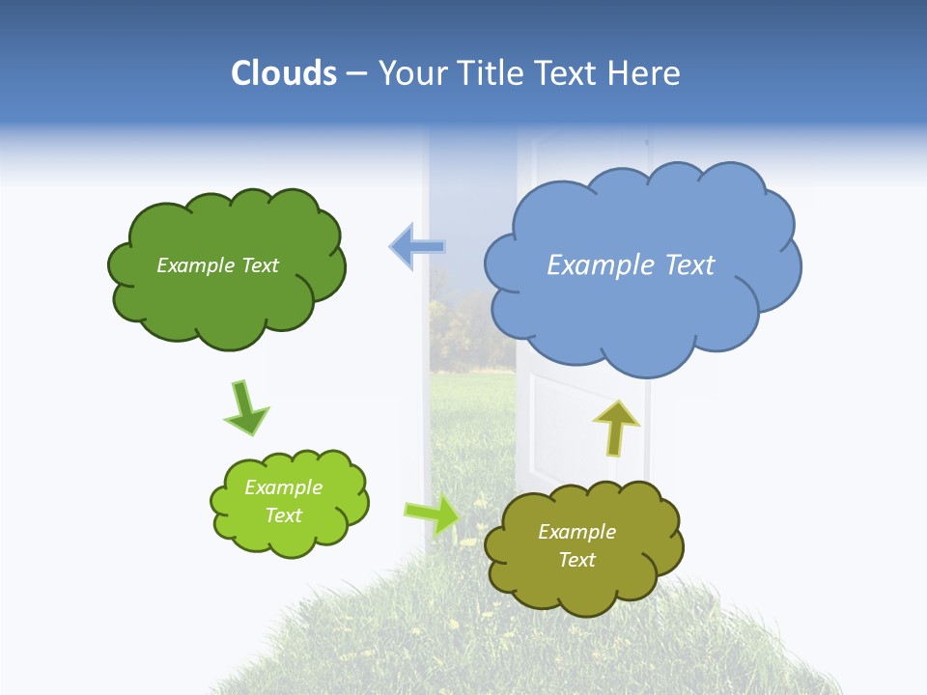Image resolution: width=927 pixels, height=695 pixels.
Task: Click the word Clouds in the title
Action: [x=283, y=73]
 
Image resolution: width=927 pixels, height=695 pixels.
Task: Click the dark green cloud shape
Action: [x=227, y=299]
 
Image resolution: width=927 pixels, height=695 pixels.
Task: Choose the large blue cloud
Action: [x=642, y=309]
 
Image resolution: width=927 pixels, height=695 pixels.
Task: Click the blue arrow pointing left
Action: [x=417, y=247]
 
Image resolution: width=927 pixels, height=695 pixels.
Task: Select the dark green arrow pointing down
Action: [x=245, y=408]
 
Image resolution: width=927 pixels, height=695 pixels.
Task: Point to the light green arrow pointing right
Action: [x=433, y=514]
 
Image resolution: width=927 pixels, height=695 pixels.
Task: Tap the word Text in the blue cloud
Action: [x=689, y=265]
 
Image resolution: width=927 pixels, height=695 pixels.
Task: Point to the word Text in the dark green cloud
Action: [x=259, y=265]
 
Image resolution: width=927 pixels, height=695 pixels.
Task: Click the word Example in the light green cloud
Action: [x=283, y=487]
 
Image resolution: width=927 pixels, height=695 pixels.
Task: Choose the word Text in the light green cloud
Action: [x=284, y=515]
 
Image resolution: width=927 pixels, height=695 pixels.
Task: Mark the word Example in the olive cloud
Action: [x=576, y=532]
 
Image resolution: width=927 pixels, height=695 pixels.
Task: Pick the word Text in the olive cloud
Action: [x=577, y=560]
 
